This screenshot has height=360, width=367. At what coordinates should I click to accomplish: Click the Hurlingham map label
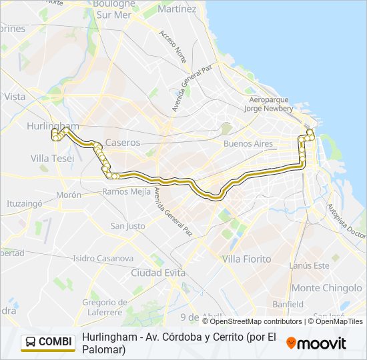tap(53, 125)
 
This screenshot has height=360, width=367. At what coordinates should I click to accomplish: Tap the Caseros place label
tap(123, 143)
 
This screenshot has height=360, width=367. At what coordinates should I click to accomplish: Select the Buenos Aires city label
tap(248, 143)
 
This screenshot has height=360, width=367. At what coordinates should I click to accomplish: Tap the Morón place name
tap(69, 195)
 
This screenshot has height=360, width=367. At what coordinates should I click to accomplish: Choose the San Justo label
tap(127, 226)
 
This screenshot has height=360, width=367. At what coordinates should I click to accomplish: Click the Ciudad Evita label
tap(157, 273)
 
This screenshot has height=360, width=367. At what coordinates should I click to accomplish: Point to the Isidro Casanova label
tap(103, 258)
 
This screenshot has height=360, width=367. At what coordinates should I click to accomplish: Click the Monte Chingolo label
tap(327, 288)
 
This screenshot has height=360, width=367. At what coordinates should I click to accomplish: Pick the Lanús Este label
tap(310, 265)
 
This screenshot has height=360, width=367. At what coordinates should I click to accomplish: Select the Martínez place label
tap(178, 9)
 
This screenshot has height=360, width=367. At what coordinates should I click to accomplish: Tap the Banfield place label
tap(288, 304)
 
